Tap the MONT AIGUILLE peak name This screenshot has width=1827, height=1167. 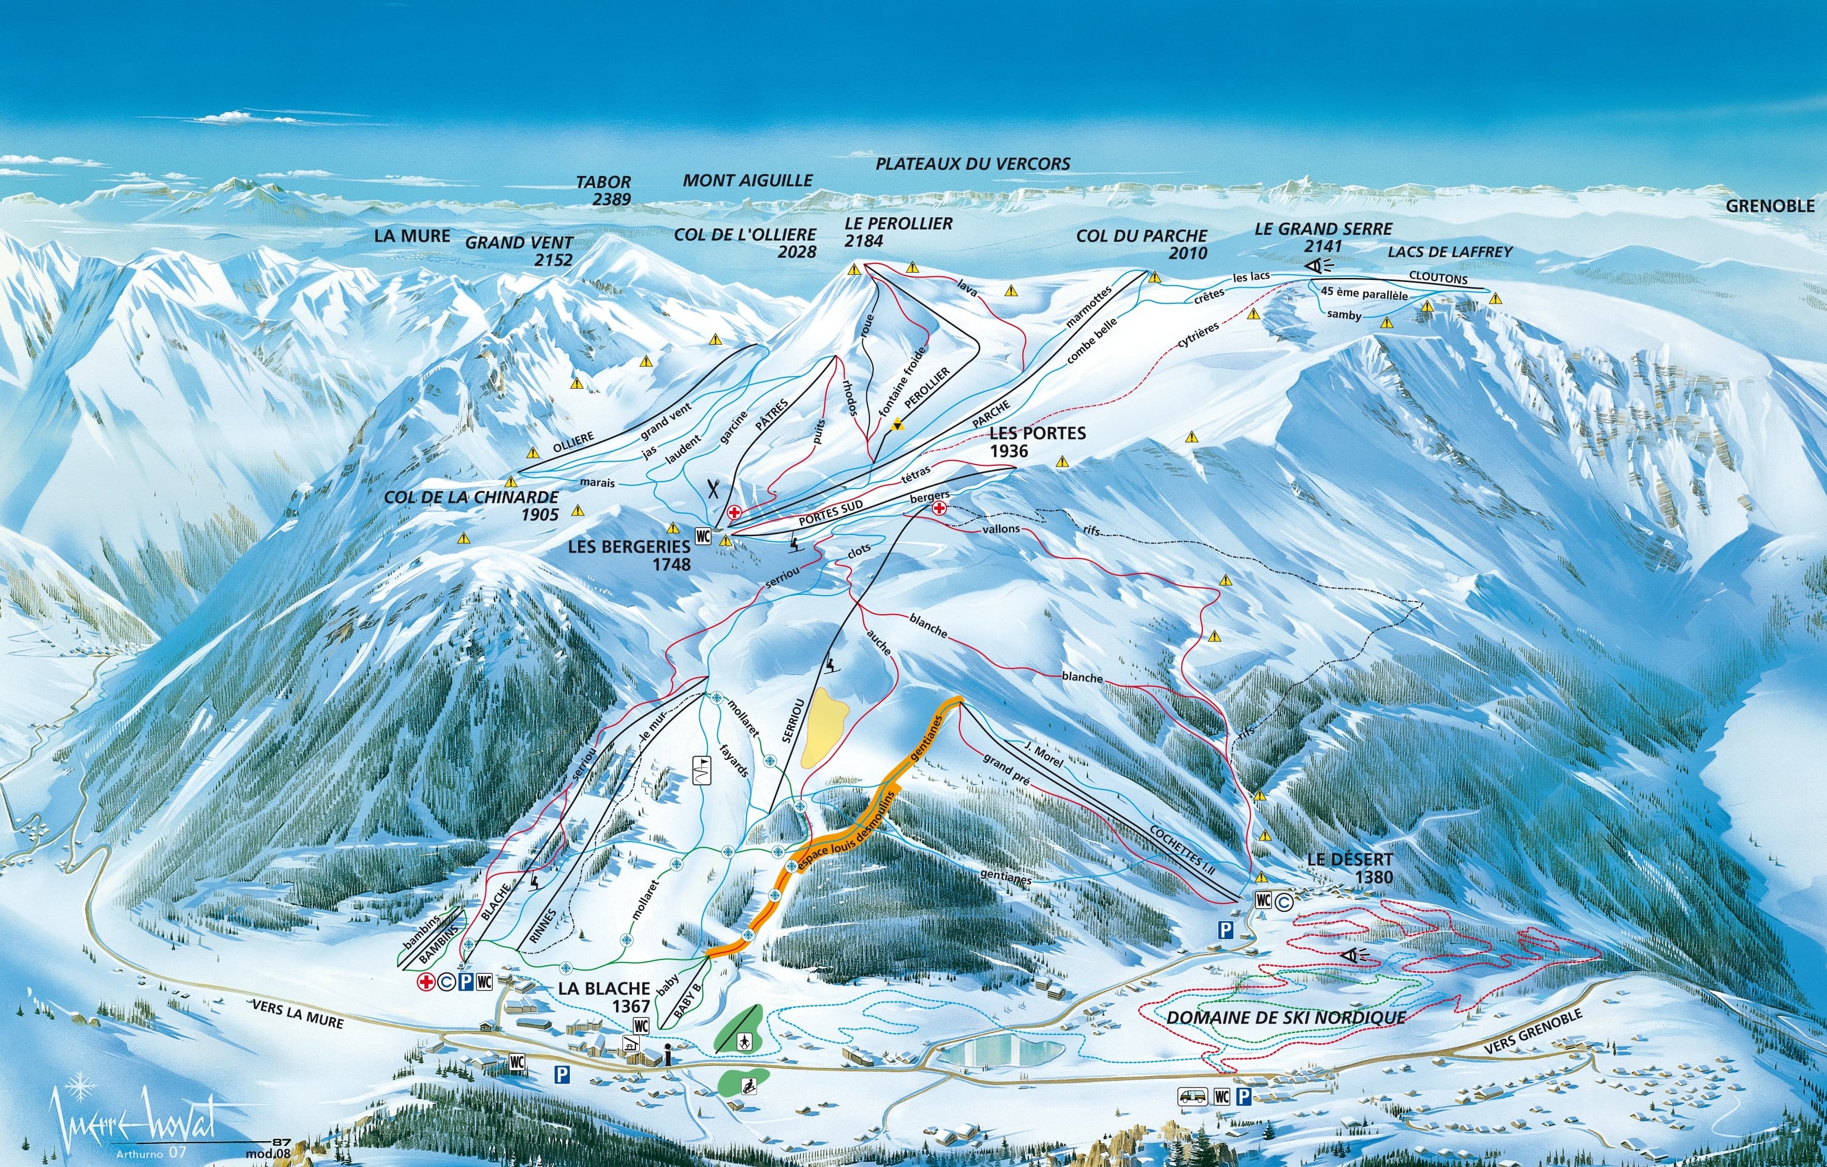click(x=747, y=181)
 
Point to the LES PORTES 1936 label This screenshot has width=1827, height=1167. click(x=1037, y=441)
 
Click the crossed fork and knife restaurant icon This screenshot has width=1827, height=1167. click(x=713, y=488)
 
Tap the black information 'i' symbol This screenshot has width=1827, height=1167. click(x=666, y=1054)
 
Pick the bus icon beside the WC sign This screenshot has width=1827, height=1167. click(x=1191, y=1096)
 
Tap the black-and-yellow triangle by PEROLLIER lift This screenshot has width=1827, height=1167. click(x=897, y=426)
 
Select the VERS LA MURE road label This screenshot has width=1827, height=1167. click(x=298, y=1014)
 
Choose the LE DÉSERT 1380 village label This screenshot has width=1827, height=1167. click(x=1349, y=868)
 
